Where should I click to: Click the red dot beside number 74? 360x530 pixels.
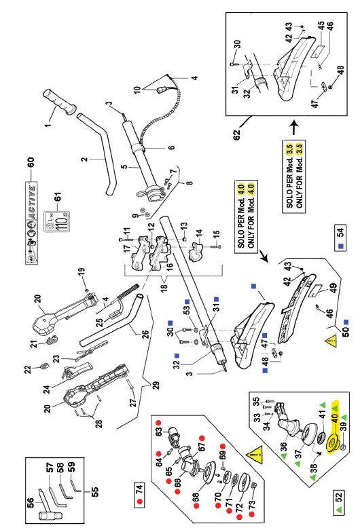point(140,504)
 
